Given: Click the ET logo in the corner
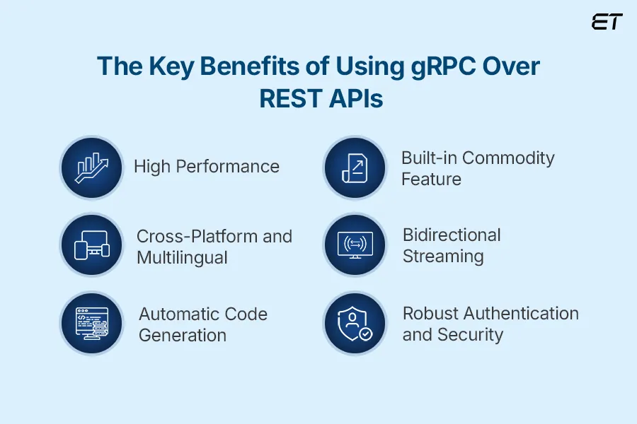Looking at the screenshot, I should point(607,22).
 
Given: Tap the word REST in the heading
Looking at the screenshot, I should point(291,100).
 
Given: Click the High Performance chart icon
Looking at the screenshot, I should point(91,167).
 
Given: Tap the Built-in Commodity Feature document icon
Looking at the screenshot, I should point(355,167).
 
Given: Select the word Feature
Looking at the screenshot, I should point(431,179).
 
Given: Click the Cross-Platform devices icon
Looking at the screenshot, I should point(91,245).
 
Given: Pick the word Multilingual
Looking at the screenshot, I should point(182,257).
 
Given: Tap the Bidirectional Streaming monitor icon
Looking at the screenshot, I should point(355,245).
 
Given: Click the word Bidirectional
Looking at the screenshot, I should point(452,235).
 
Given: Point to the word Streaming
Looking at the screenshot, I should point(443,256).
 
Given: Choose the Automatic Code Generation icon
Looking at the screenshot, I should point(91,323).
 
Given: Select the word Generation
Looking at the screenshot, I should point(183,335).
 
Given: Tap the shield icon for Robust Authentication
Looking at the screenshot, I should point(355,323).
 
